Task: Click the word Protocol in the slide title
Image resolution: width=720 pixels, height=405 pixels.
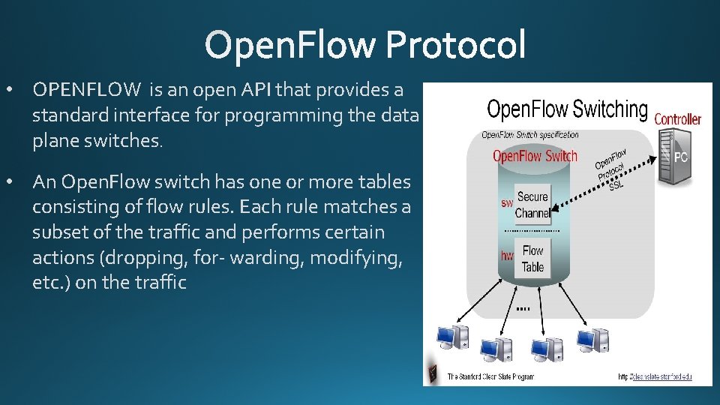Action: coord(456,44)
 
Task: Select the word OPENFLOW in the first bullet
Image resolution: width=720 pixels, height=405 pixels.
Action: coord(86,90)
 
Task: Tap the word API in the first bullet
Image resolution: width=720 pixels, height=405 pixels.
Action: coord(257,90)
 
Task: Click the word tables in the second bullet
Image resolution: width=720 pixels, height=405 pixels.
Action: coord(385,181)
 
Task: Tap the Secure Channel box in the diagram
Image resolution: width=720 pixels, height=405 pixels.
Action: coord(532,205)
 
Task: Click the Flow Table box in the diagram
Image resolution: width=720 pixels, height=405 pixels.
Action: coord(532,259)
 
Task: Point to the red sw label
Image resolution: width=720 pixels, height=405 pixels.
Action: coord(507,202)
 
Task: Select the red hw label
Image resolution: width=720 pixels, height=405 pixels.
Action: coord(507,256)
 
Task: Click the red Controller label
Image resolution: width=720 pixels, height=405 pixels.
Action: coord(677,119)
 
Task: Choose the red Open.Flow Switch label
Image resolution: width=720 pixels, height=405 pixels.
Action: coord(535,156)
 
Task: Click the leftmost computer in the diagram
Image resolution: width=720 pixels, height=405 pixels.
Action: coord(452,338)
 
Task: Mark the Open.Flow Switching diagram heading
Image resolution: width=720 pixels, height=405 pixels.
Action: coord(567,109)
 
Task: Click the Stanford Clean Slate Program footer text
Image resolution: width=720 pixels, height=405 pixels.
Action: coord(491,376)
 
